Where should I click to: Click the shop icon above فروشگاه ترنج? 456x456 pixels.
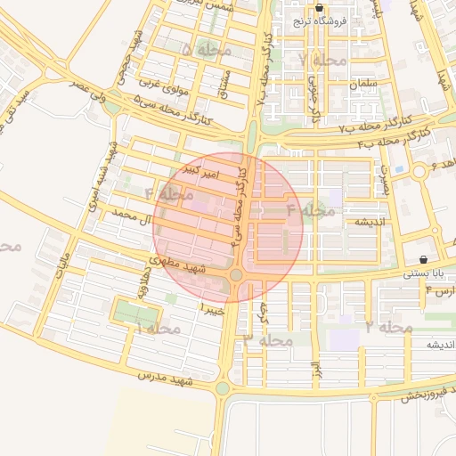320,8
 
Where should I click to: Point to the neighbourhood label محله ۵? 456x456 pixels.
206,51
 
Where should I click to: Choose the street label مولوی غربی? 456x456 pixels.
161,89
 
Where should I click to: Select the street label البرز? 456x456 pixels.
314,368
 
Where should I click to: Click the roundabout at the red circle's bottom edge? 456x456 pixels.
235,275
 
